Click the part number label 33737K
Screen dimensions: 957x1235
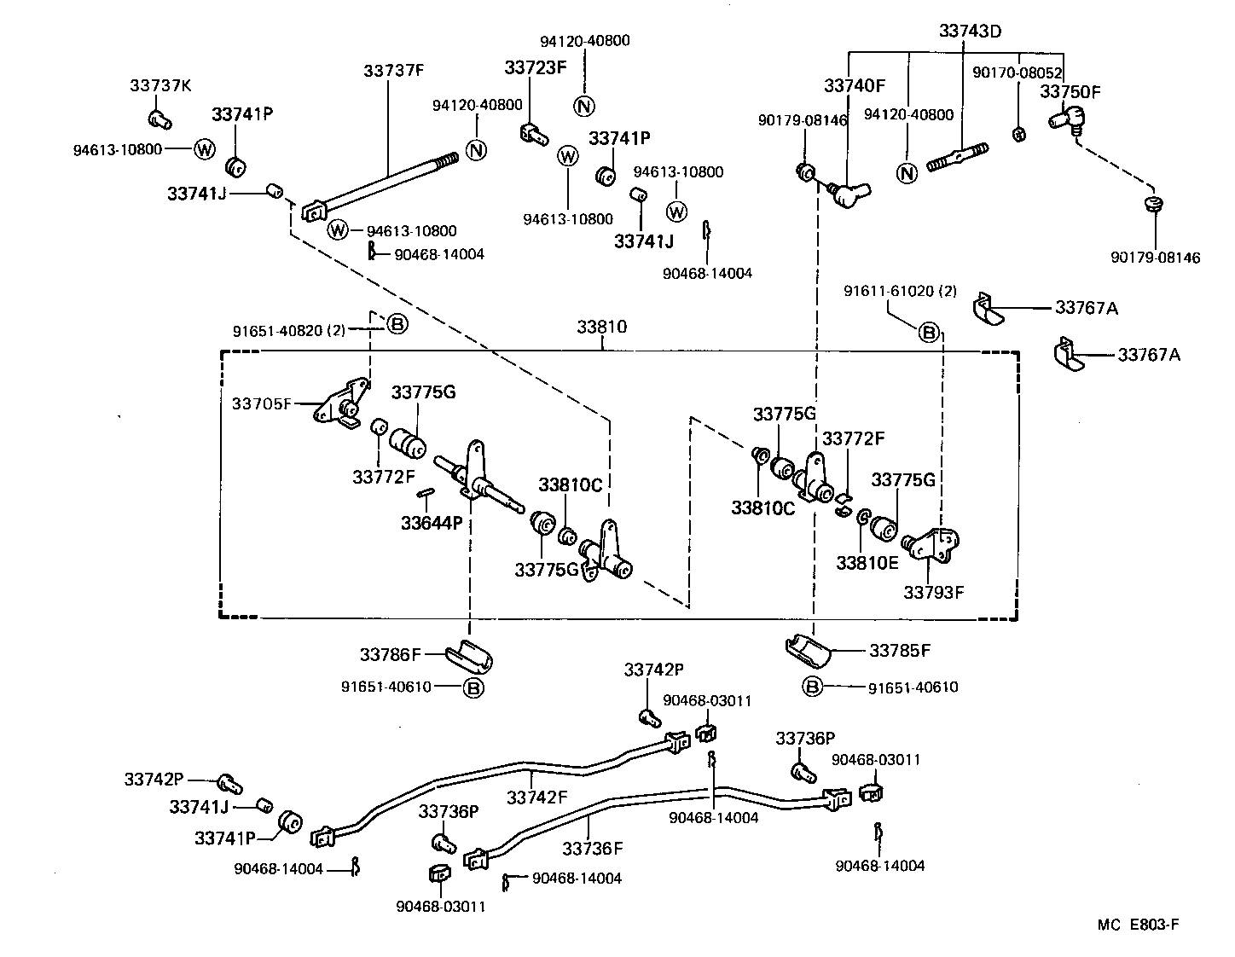[x=160, y=85]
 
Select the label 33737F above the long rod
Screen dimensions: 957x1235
[x=393, y=71]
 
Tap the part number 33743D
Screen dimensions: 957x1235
[x=970, y=32]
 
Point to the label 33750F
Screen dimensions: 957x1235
[x=1070, y=91]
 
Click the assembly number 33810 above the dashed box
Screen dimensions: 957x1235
[x=603, y=328]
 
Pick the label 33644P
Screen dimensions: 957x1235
[x=432, y=522]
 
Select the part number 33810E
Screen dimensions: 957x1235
[x=867, y=563]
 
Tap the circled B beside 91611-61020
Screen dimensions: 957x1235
[x=929, y=332]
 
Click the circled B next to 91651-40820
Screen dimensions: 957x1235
[x=397, y=324]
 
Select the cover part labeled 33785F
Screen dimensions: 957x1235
[x=808, y=652]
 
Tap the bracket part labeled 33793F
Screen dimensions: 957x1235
[x=931, y=546]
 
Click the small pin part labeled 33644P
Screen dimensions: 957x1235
[x=427, y=493]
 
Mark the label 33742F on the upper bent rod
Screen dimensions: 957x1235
[x=536, y=797]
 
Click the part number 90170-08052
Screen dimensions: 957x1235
[x=1017, y=73]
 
